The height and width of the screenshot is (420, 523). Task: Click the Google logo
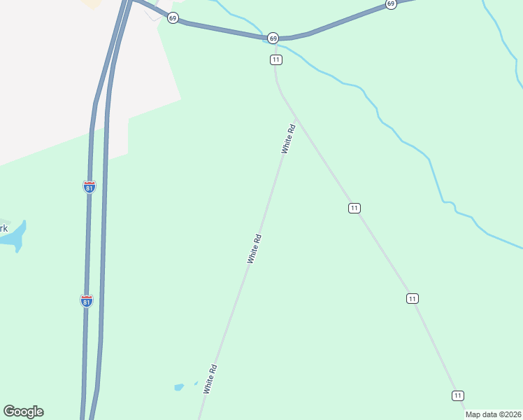click(24, 412)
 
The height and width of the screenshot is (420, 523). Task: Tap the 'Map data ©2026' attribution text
click(493, 414)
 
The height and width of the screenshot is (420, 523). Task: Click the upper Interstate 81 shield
click(89, 187)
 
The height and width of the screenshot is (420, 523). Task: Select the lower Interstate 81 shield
click(86, 301)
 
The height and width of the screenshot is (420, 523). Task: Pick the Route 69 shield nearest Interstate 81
click(173, 17)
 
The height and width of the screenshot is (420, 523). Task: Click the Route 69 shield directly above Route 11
click(273, 38)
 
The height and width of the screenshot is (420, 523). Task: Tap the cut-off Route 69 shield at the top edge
click(391, 4)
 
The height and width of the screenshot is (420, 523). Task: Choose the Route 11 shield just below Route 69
click(276, 60)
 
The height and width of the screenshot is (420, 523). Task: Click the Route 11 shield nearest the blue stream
click(354, 208)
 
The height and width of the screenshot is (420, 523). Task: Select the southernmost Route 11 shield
click(457, 395)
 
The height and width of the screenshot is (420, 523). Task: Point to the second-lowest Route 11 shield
click(413, 299)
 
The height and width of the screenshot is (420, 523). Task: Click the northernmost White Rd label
click(289, 139)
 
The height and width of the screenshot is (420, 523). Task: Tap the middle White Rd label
click(255, 248)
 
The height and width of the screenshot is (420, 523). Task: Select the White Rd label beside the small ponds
click(210, 378)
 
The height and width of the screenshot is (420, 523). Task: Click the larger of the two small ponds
click(179, 386)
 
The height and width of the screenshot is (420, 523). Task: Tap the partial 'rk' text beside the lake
click(3, 228)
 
